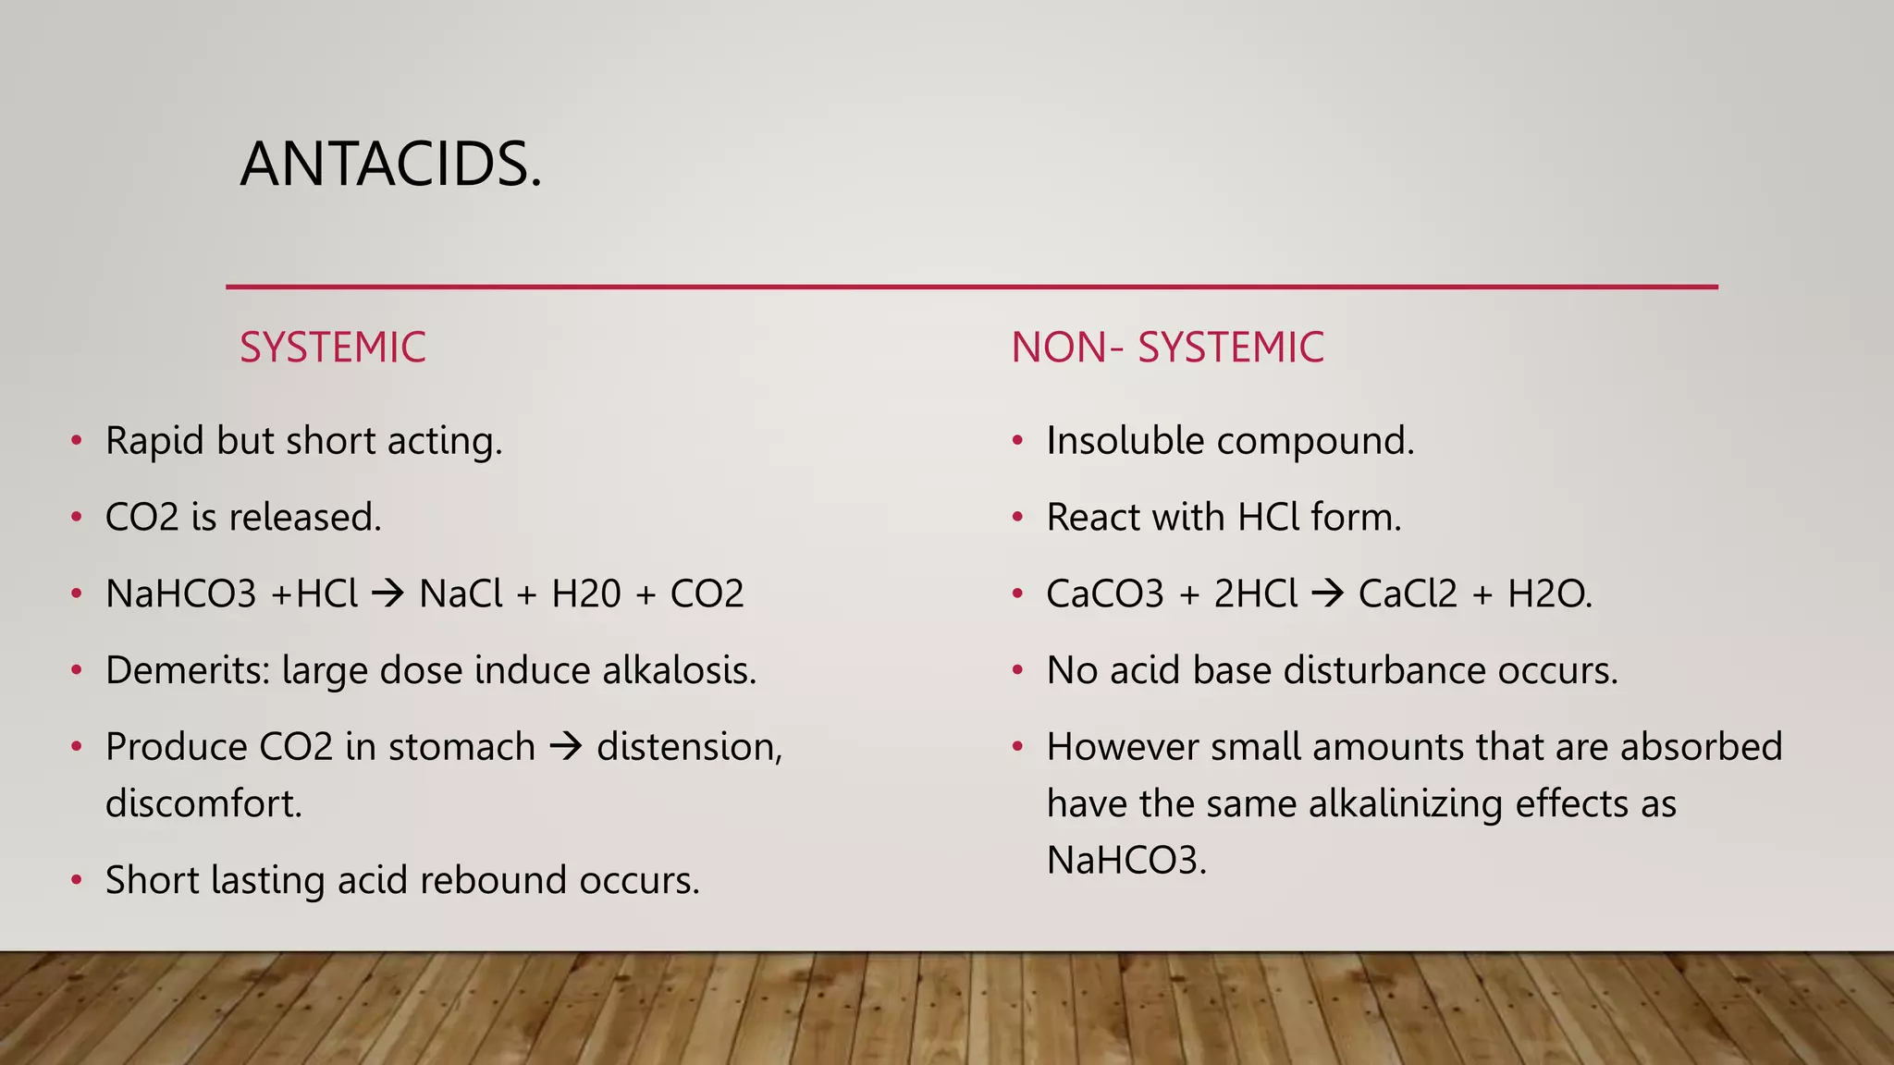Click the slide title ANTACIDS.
(390, 165)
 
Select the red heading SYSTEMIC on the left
(332, 348)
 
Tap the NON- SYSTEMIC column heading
(1167, 348)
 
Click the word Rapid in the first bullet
(154, 441)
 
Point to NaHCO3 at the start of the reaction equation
(180, 594)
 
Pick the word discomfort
(203, 803)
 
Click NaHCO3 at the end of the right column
(1125, 861)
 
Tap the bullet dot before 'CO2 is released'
(77, 518)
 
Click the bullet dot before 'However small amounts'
(1017, 747)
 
